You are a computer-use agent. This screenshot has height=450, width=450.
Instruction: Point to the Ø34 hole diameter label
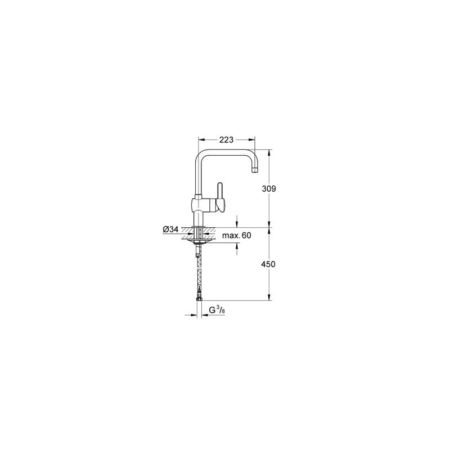(x=170, y=229)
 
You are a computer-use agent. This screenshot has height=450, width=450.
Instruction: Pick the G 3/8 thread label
(x=217, y=309)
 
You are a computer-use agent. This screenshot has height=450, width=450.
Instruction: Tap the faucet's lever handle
(x=220, y=194)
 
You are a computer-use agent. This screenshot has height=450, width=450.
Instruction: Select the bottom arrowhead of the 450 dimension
(x=270, y=299)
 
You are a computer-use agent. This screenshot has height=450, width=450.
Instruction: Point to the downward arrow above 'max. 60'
(x=238, y=224)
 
